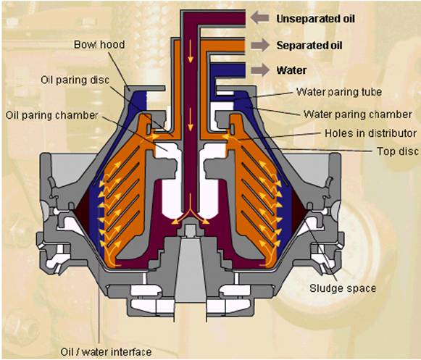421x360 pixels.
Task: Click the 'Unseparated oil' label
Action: pyautogui.click(x=315, y=19)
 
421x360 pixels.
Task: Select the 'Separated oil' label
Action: pyautogui.click(x=309, y=46)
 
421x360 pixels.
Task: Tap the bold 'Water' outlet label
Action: pyautogui.click(x=291, y=70)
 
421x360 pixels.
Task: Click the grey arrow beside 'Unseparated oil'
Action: pyautogui.click(x=259, y=17)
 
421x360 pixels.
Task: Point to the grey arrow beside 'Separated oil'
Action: pyautogui.click(x=260, y=45)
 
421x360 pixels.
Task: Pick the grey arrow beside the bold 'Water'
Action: pyautogui.click(x=260, y=70)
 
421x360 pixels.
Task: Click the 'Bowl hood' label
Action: pyautogui.click(x=99, y=45)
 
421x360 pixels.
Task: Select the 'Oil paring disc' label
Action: pyautogui.click(x=75, y=80)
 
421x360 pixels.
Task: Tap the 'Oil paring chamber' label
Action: pyautogui.click(x=52, y=115)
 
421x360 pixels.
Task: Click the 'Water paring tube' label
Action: pyautogui.click(x=339, y=92)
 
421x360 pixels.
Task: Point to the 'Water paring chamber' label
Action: pyautogui.click(x=358, y=114)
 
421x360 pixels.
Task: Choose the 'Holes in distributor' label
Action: pyautogui.click(x=370, y=133)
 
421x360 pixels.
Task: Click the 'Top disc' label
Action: pyautogui.click(x=398, y=151)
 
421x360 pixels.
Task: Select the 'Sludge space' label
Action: pyautogui.click(x=343, y=288)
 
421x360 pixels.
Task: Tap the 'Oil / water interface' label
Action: pyautogui.click(x=106, y=352)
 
